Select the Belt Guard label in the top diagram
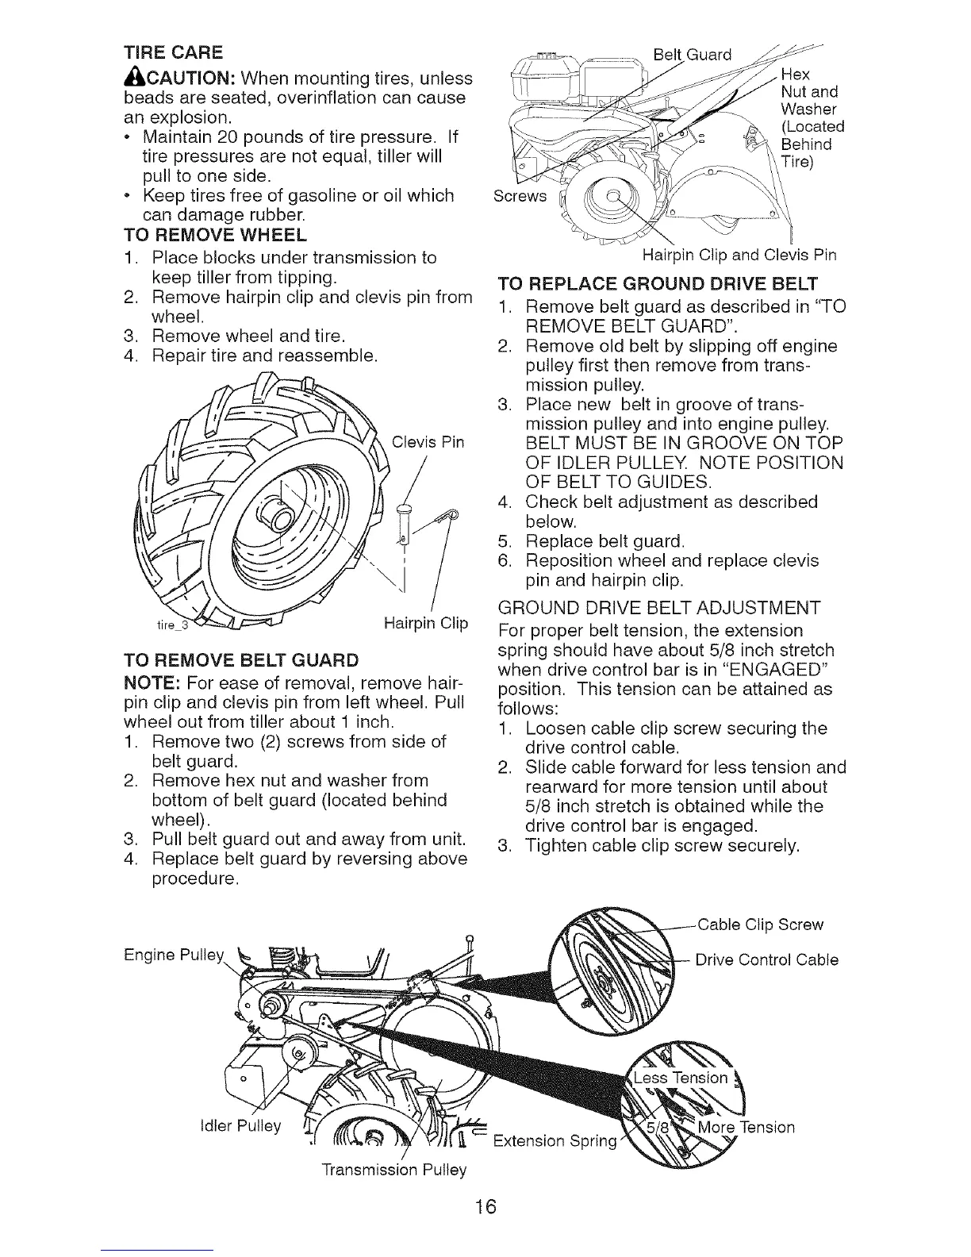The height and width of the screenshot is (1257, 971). pyautogui.click(x=690, y=56)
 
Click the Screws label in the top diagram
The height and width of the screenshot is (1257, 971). pyautogui.click(x=520, y=196)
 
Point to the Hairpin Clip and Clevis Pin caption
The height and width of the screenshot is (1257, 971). pyautogui.click(x=739, y=256)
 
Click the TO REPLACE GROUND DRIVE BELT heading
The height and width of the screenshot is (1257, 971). pyautogui.click(x=658, y=284)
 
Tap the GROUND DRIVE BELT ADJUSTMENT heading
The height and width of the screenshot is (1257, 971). pyautogui.click(x=658, y=609)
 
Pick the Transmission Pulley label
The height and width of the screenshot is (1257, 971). pyautogui.click(x=394, y=1170)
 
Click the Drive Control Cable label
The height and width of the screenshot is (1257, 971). pyautogui.click(x=766, y=960)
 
